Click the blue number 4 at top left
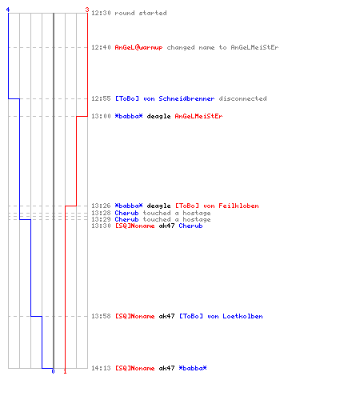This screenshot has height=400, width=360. pyautogui.click(x=8, y=10)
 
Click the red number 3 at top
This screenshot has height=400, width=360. pyautogui.click(x=87, y=10)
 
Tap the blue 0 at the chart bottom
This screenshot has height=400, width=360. pyautogui.click(x=53, y=371)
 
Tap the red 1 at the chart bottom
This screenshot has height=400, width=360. pyautogui.click(x=65, y=371)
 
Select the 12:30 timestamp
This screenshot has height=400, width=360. pyautogui.click(x=101, y=13)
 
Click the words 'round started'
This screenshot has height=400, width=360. pyautogui.click(x=141, y=13)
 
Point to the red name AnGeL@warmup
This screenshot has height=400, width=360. pyautogui.click(x=138, y=47)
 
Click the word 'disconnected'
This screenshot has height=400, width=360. pyautogui.click(x=242, y=98)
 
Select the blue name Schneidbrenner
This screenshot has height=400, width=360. pyautogui.click(x=186, y=98)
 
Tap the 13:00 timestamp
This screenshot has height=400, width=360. pyautogui.click(x=101, y=116)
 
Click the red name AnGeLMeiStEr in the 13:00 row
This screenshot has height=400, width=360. pyautogui.click(x=198, y=116)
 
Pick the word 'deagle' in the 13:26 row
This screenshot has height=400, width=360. pyautogui.click(x=158, y=206)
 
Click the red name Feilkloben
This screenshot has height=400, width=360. pyautogui.click(x=238, y=206)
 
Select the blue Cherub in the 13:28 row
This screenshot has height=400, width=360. pyautogui.click(x=126, y=213)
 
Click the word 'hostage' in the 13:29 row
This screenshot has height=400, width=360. pyautogui.click(x=197, y=219)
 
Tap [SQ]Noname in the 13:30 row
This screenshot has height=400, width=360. pyautogui.click(x=134, y=226)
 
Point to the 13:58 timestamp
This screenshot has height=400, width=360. pyautogui.click(x=101, y=316)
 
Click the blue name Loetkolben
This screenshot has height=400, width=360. pyautogui.click(x=242, y=316)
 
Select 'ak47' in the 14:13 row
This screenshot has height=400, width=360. pyautogui.click(x=166, y=368)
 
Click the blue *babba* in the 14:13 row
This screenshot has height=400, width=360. pyautogui.click(x=193, y=368)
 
